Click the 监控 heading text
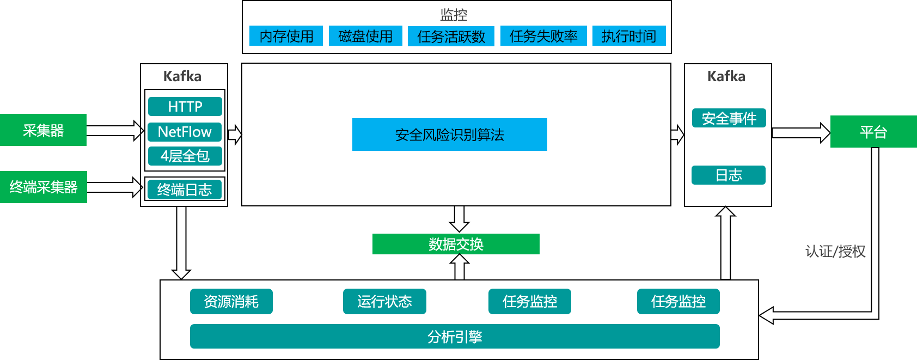tap(453, 14)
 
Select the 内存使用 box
tap(286, 36)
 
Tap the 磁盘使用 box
tap(365, 36)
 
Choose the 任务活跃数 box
tap(451, 36)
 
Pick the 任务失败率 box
tap(543, 36)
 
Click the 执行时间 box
tap(629, 36)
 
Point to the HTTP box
tap(185, 106)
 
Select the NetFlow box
tap(185, 132)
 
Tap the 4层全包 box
tap(185, 156)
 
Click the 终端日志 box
tap(185, 190)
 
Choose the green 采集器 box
tap(43, 130)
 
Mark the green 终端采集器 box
tap(44, 187)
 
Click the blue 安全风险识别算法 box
tap(450, 135)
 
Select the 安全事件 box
tap(729, 118)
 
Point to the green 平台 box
tap(873, 132)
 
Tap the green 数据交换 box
tap(456, 244)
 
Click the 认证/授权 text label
tap(835, 251)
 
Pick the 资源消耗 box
tap(231, 301)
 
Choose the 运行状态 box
tap(384, 301)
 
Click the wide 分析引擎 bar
tap(455, 337)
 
